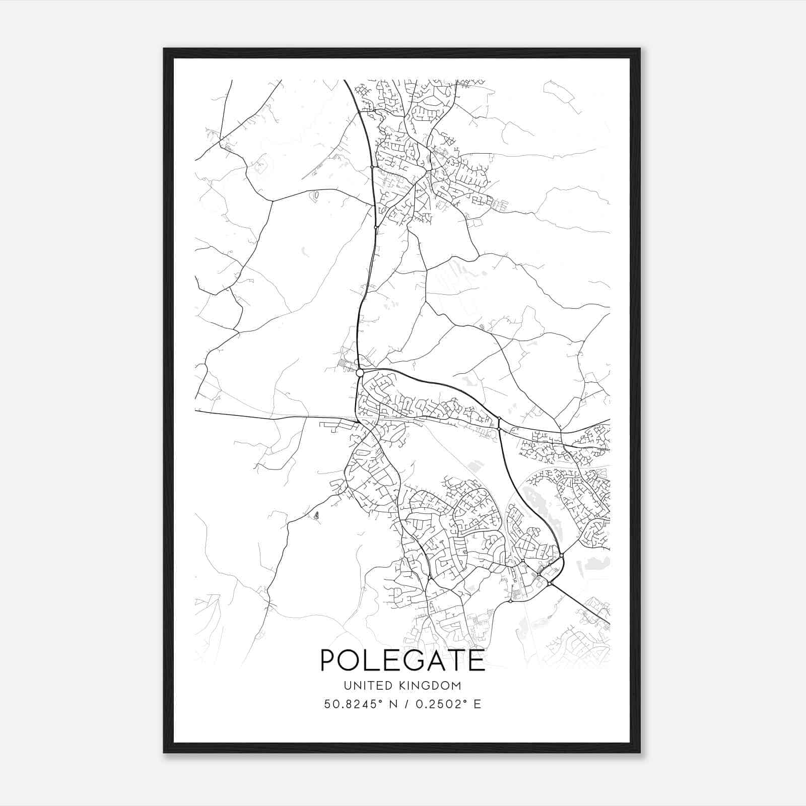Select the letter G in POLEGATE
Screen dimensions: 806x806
(416, 660)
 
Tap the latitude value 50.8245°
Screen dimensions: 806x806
(350, 704)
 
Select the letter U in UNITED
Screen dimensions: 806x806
(348, 686)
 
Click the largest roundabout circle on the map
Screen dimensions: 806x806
(360, 373)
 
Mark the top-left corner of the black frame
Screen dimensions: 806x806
(164, 49)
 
